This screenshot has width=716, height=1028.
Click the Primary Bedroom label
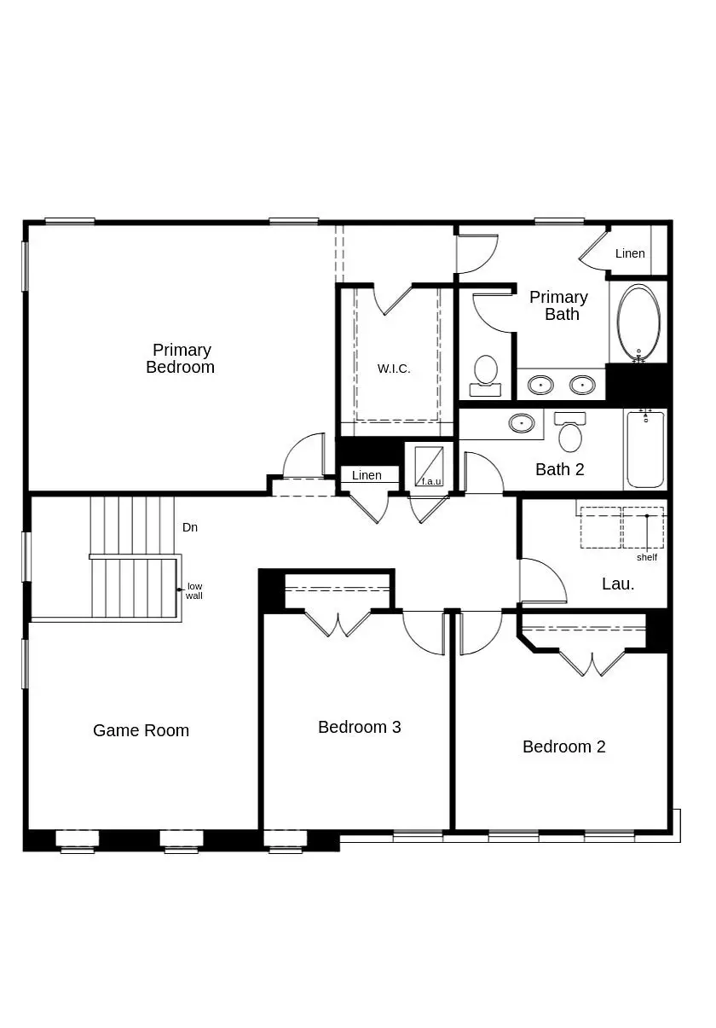pos(180,358)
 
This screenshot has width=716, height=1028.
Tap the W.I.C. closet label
pos(394,369)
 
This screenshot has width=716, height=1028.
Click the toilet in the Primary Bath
pos(486,373)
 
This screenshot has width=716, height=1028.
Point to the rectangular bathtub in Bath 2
pos(645,450)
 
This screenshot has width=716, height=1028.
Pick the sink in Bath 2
pos(522,422)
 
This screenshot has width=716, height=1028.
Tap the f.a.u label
pos(431,481)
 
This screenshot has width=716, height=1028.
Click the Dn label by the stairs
pos(190,527)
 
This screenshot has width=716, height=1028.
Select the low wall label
pos(194,590)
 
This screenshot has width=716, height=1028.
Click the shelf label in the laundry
pos(647,557)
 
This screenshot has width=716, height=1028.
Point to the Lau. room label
pos(618,584)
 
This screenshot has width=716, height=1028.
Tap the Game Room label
pos(141,730)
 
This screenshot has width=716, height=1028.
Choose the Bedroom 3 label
pos(359,727)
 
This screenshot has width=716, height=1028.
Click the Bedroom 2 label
pos(563,746)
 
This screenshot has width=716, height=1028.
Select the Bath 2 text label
pos(559,469)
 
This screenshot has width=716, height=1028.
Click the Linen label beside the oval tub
pos(630,253)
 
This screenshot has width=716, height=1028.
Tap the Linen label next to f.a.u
pos(367,475)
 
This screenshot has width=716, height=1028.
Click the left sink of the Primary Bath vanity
pos(540,385)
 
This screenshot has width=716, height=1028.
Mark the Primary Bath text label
pos(558,305)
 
